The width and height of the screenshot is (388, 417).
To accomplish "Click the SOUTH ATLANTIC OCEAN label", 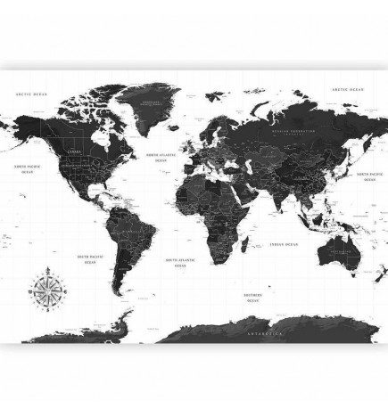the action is [x=174, y=263].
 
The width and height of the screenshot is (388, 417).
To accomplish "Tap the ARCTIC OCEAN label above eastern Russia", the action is [x=346, y=90].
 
